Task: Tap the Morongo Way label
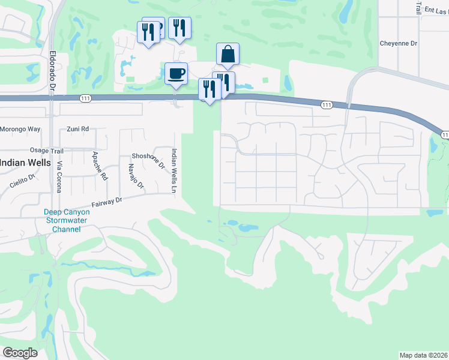(x=20, y=129)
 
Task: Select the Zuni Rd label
(x=77, y=129)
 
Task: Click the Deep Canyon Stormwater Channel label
(x=66, y=220)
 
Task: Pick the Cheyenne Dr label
(x=398, y=43)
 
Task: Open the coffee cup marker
(x=176, y=74)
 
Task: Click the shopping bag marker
(x=228, y=54)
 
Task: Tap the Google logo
(x=20, y=353)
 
